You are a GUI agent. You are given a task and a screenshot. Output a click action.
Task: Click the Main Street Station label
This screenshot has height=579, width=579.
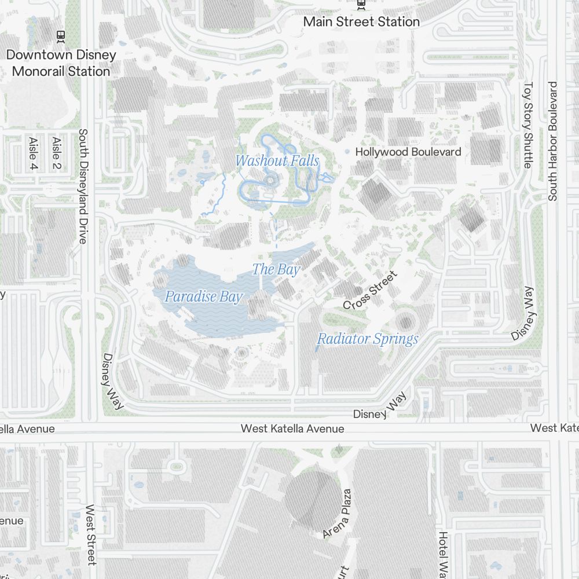(361, 22)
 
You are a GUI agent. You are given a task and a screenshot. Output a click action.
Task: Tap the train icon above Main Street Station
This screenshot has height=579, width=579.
(361, 3)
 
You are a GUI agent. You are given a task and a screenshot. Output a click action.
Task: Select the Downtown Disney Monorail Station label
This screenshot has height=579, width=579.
(61, 63)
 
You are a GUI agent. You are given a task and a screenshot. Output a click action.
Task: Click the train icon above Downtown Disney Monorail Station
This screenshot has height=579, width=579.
(60, 36)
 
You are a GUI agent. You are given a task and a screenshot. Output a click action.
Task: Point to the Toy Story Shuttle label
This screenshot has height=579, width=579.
(527, 125)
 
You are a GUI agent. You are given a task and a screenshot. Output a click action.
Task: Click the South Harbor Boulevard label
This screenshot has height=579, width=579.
(552, 141)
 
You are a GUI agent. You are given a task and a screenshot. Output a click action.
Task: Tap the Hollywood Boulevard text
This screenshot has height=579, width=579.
(408, 152)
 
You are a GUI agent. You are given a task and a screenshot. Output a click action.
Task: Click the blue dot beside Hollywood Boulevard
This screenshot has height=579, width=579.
(347, 152)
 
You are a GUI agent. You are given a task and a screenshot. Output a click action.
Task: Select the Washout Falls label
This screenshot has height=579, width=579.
(277, 160)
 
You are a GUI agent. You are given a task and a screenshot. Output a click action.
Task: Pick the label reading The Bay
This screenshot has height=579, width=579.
(276, 269)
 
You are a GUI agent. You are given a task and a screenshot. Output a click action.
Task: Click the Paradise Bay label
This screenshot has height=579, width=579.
(203, 297)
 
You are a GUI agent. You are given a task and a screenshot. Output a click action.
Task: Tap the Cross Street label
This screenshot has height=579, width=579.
(370, 291)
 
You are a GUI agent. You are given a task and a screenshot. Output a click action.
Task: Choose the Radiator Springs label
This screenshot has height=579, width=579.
(368, 339)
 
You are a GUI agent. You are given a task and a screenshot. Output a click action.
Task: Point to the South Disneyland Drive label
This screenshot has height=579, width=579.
(82, 186)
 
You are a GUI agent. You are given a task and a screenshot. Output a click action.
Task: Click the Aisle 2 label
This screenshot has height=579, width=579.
(56, 153)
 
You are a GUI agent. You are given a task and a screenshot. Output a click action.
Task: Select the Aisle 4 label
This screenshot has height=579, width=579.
(33, 154)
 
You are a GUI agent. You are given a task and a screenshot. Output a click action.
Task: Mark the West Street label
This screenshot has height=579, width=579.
(91, 534)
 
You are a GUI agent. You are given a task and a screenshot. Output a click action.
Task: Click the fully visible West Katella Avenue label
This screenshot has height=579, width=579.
(292, 429)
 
